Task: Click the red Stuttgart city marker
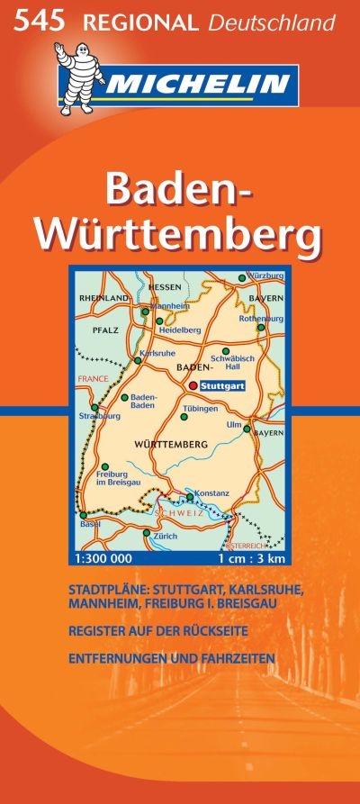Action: click(x=192, y=386)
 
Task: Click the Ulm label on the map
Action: click(x=235, y=424)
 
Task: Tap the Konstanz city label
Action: click(x=211, y=492)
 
